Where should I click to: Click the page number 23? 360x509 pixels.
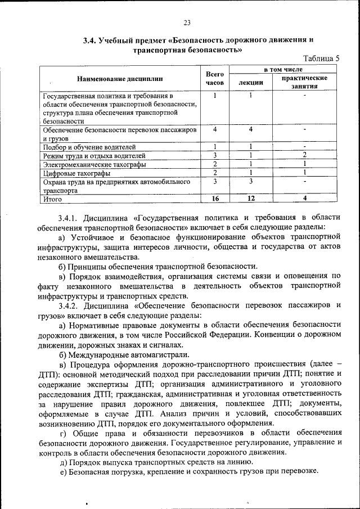187,22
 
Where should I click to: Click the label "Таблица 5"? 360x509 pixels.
321,58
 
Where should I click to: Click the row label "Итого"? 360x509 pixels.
52,199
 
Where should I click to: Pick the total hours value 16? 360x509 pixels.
214,199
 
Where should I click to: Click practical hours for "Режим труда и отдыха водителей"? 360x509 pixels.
304,155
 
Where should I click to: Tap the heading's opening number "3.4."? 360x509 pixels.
90,40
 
